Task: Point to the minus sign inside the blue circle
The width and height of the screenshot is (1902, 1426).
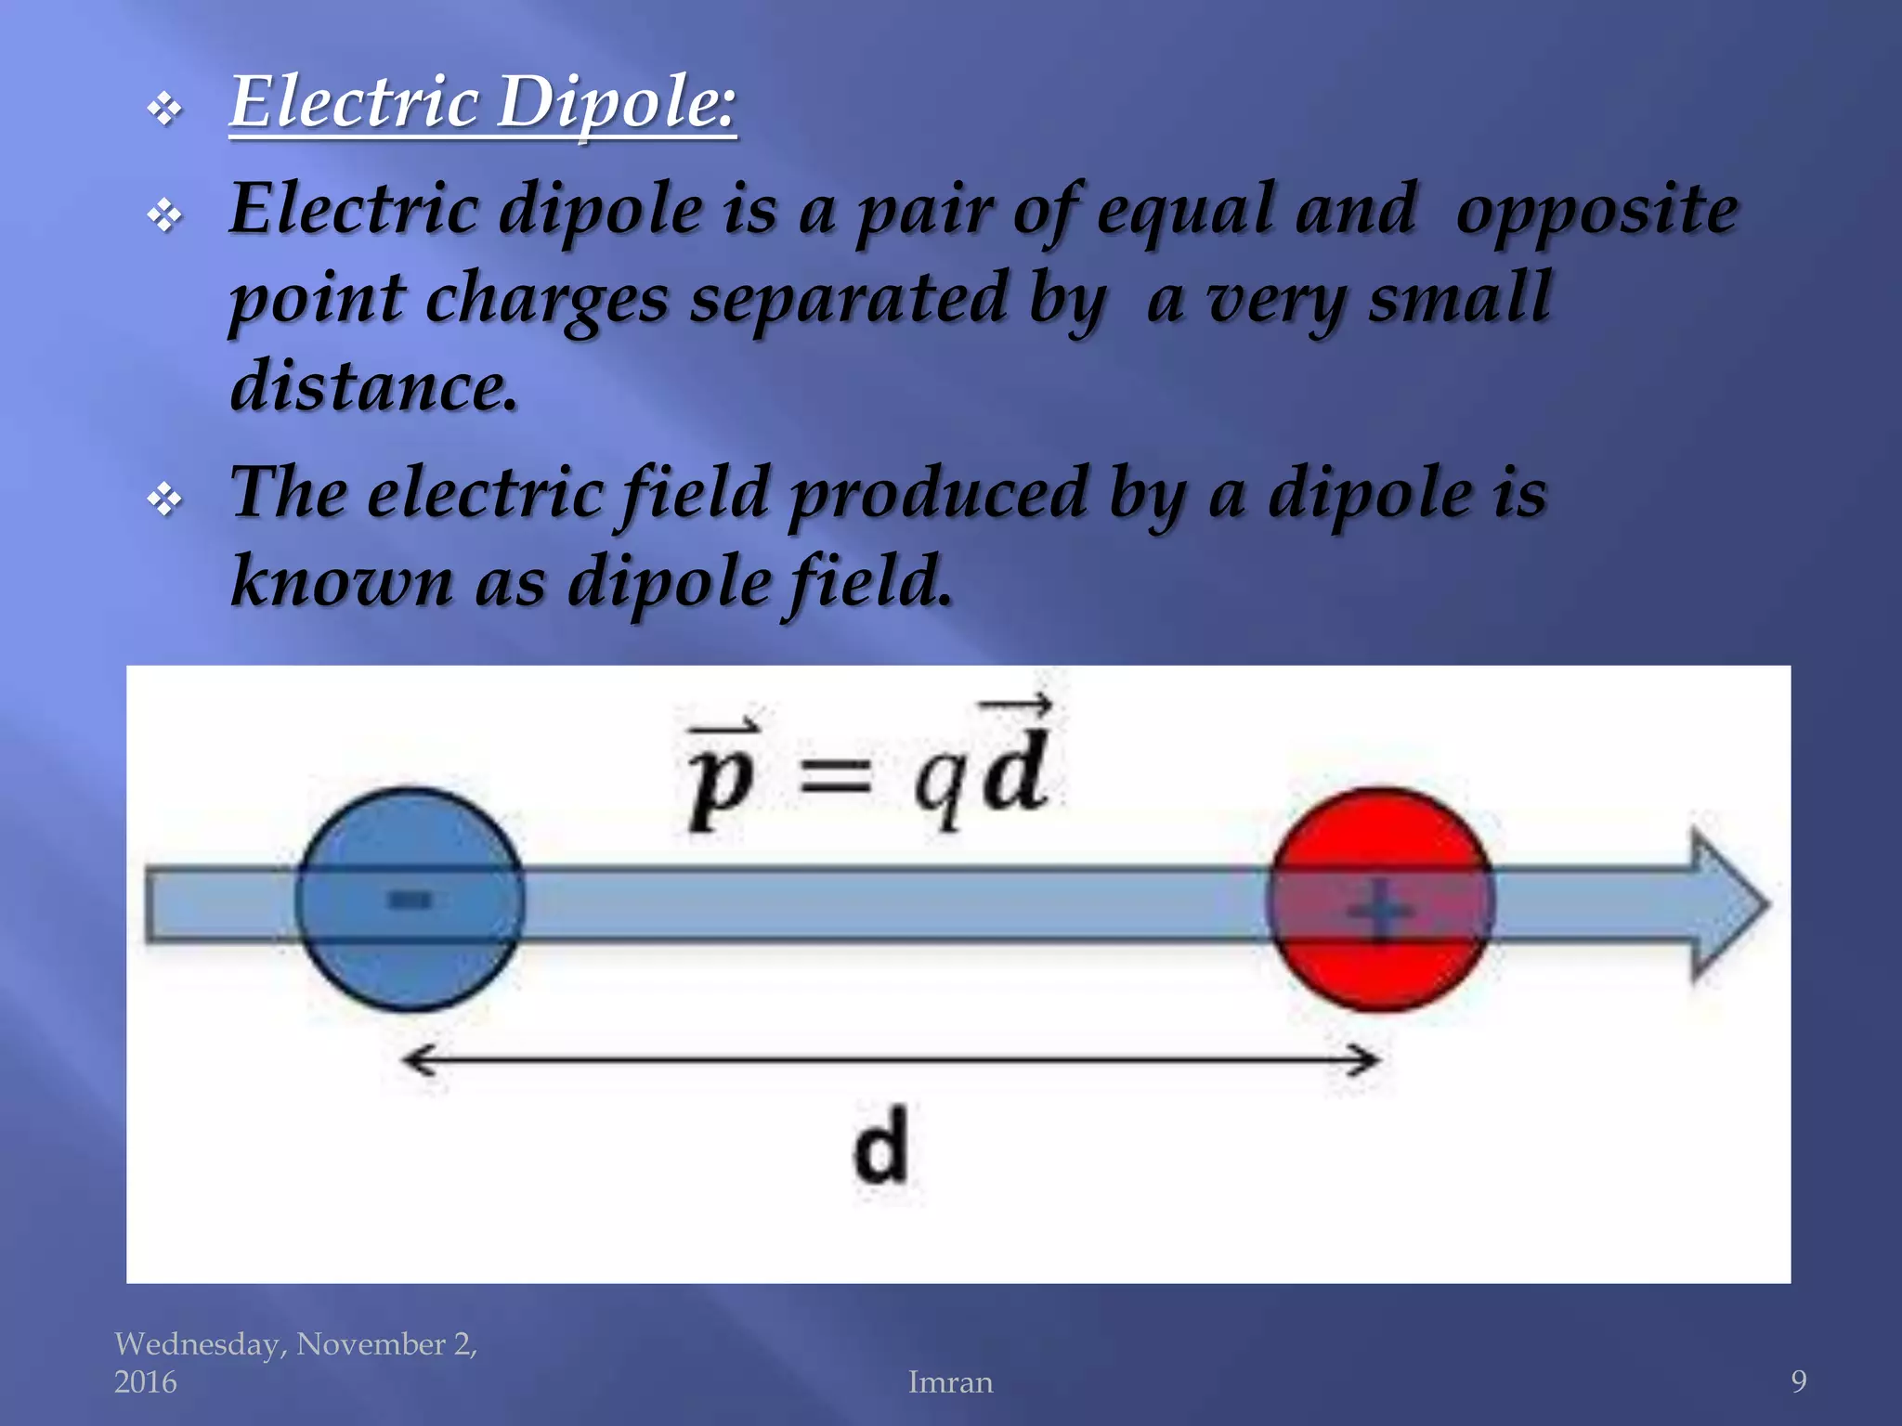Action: pyautogui.click(x=410, y=899)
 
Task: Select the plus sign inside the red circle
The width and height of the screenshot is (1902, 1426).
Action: pyautogui.click(x=1381, y=911)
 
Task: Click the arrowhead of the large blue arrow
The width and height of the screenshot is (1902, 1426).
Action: pyautogui.click(x=1727, y=902)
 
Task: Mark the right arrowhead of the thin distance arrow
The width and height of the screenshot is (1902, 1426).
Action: pyautogui.click(x=1365, y=1059)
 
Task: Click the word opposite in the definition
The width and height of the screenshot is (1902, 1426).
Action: pyautogui.click(x=1596, y=212)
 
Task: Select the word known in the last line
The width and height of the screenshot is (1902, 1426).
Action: pyautogui.click(x=341, y=581)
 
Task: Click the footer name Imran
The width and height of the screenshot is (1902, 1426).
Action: pyautogui.click(x=950, y=1382)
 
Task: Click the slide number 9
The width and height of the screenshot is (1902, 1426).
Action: pyautogui.click(x=1798, y=1382)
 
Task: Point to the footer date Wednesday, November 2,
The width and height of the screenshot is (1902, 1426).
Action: pyautogui.click(x=295, y=1344)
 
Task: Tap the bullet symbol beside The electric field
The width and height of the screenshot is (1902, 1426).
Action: pyautogui.click(x=164, y=500)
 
